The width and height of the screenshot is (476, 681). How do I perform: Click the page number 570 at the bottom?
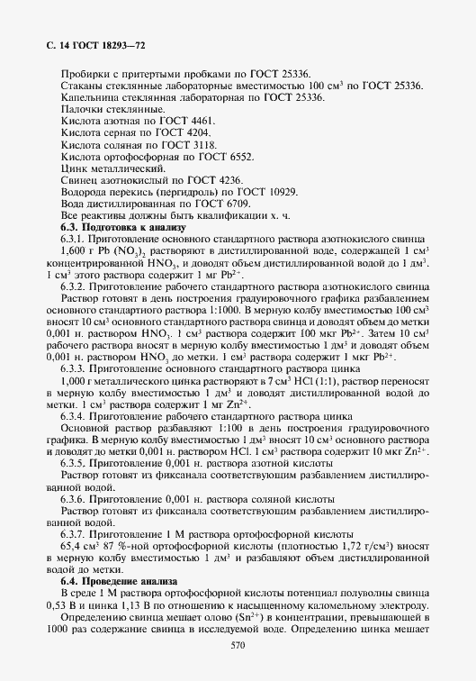click(238, 645)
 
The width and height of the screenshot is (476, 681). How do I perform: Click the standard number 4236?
click(229, 181)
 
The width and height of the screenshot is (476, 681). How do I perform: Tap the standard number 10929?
click(278, 193)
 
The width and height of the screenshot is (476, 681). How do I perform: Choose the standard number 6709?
click(229, 205)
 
